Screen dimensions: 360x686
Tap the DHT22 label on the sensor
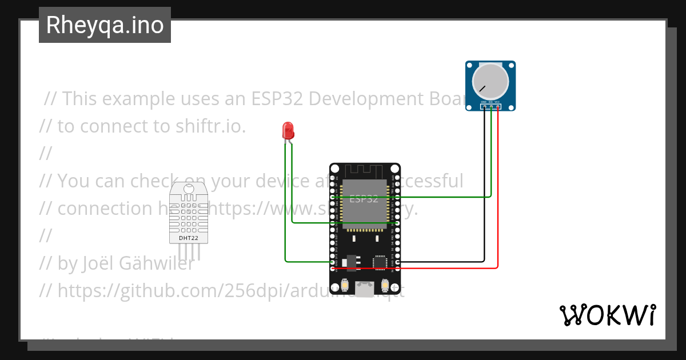(x=189, y=237)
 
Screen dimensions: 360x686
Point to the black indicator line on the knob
(x=483, y=89)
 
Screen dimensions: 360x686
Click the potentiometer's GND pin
(x=484, y=106)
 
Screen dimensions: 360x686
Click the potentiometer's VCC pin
(x=497, y=106)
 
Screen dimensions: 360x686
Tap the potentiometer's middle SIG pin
(x=490, y=106)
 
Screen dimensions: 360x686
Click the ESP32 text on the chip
(x=364, y=199)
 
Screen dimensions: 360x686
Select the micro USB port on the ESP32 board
(x=364, y=288)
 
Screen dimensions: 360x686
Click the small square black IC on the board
(x=380, y=262)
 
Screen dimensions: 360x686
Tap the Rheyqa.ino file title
(x=105, y=25)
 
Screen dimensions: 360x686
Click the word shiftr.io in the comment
(x=210, y=126)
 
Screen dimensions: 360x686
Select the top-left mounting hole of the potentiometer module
(x=470, y=65)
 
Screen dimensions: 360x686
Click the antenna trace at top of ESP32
(x=364, y=170)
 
